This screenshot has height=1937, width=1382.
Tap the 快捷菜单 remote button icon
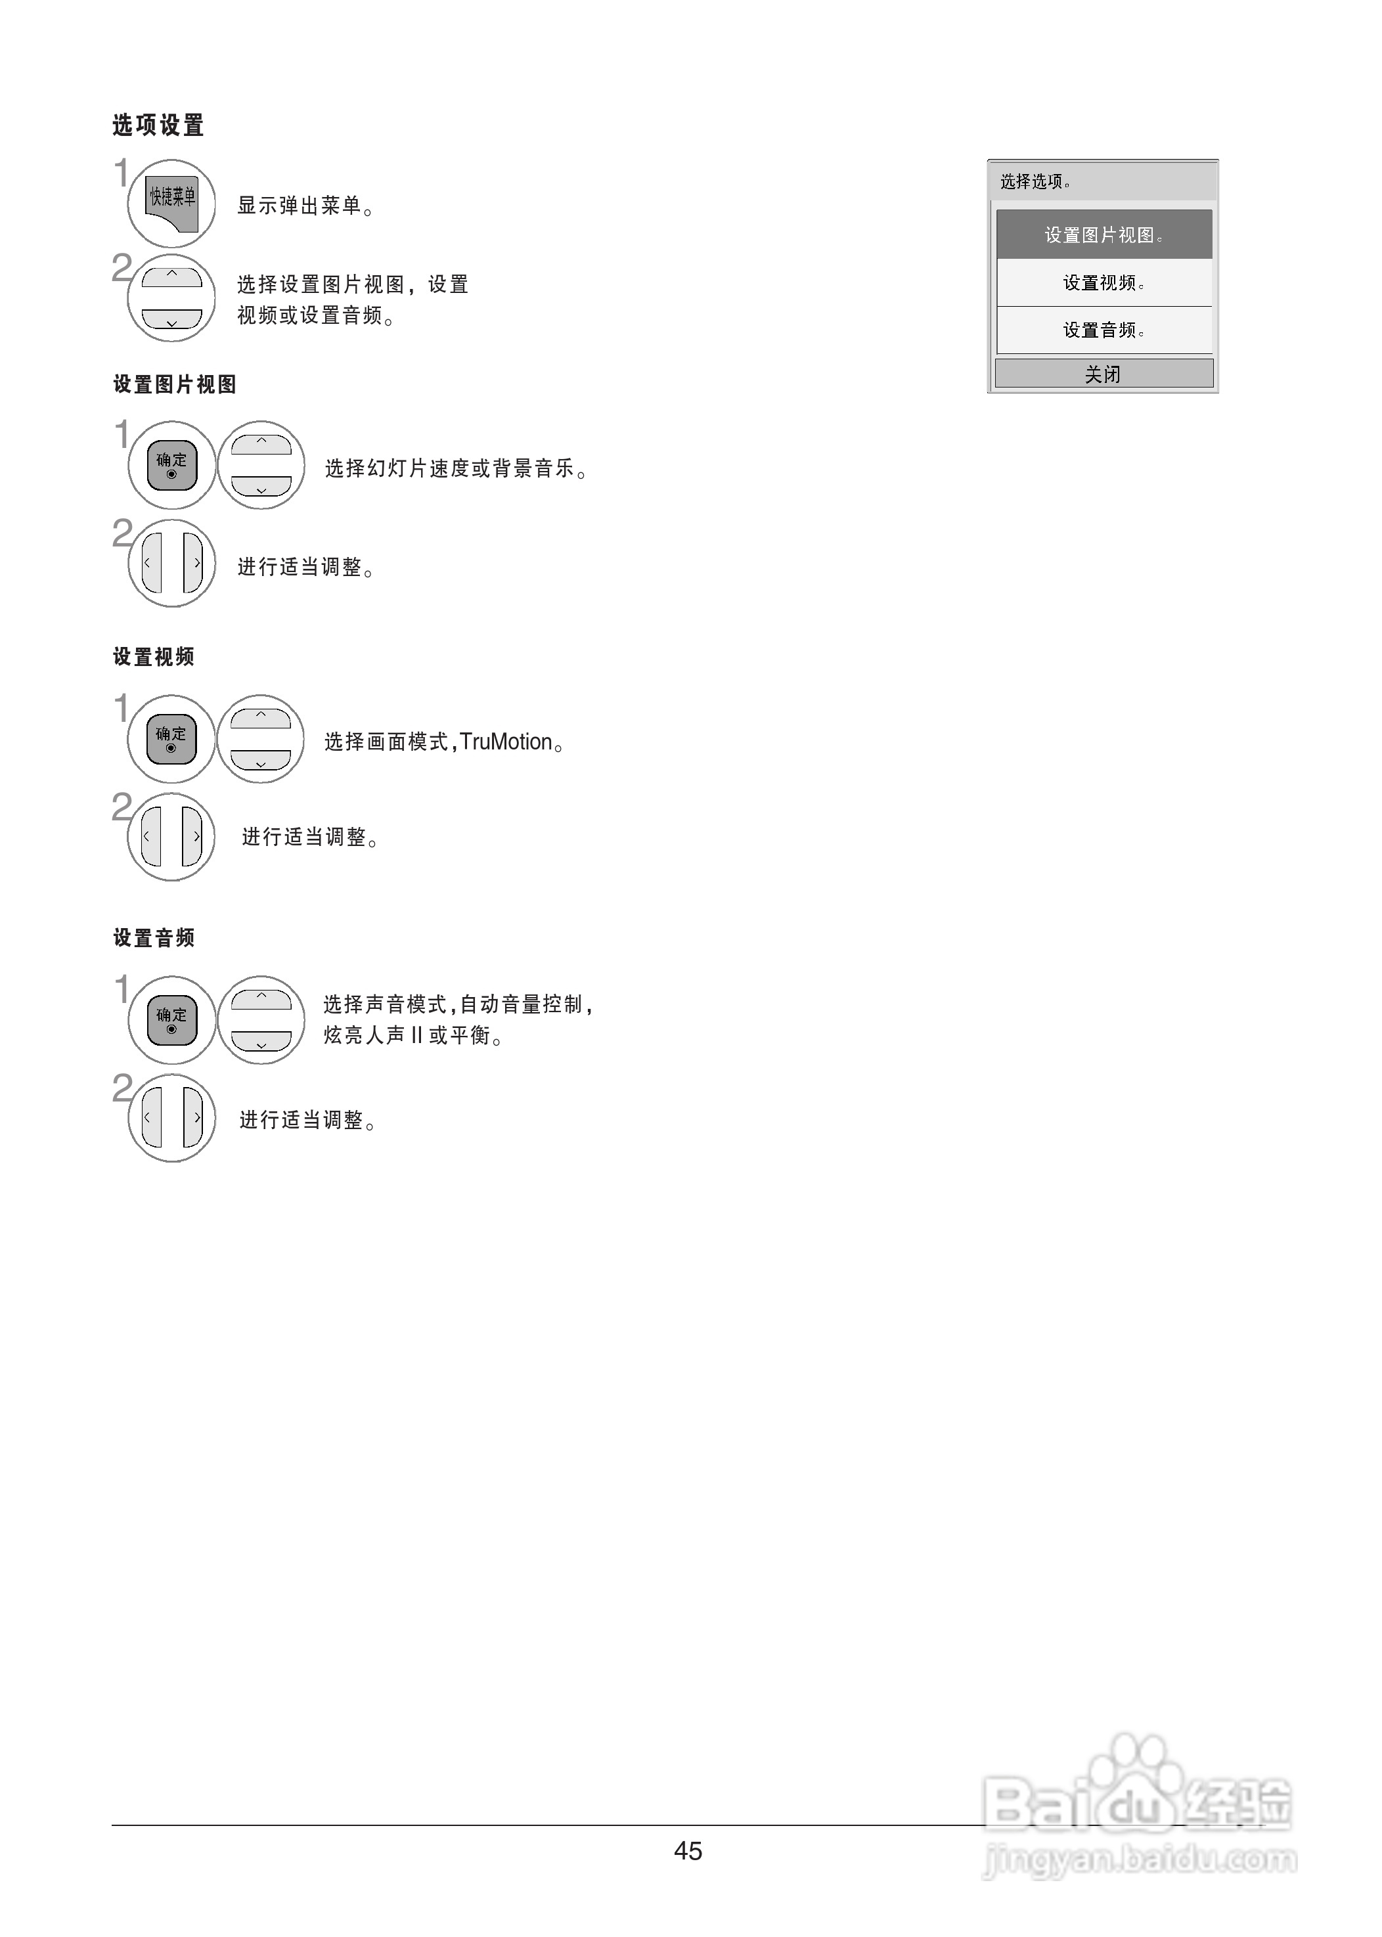pyautogui.click(x=172, y=204)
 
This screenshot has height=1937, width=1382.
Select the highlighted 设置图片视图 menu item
pyautogui.click(x=1103, y=235)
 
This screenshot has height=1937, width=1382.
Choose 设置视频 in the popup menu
pyautogui.click(x=1103, y=283)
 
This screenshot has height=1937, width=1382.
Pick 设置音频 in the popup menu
pyautogui.click(x=1103, y=330)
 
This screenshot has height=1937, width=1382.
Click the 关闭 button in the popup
pyautogui.click(x=1103, y=374)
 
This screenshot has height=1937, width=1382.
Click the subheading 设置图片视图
pyautogui.click(x=175, y=385)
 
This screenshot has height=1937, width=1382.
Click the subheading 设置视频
pyautogui.click(x=154, y=657)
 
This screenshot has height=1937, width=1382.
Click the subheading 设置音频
pyautogui.click(x=154, y=938)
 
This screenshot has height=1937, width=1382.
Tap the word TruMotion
pyautogui.click(x=506, y=742)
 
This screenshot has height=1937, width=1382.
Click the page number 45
pyautogui.click(x=688, y=1850)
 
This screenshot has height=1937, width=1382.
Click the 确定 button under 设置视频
pyautogui.click(x=171, y=739)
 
